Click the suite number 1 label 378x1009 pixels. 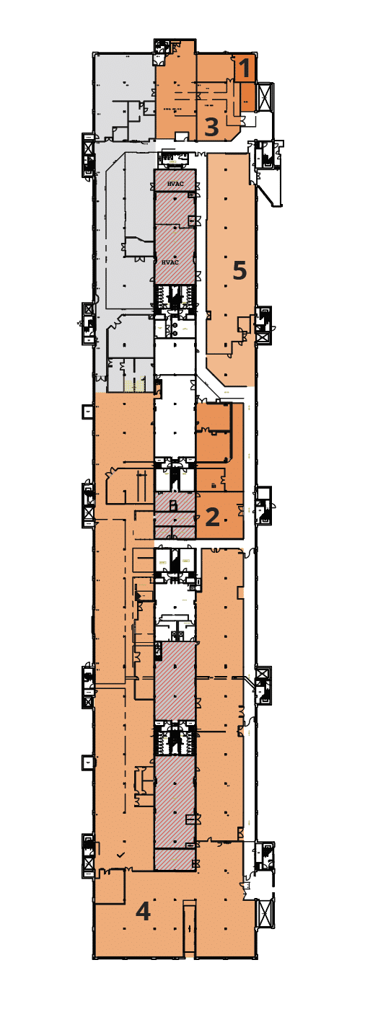pyautogui.click(x=245, y=70)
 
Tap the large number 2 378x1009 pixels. pyautogui.click(x=213, y=517)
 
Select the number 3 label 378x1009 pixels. pyautogui.click(x=211, y=127)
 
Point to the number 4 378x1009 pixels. pyautogui.click(x=144, y=912)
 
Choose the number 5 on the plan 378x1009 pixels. pyautogui.click(x=239, y=271)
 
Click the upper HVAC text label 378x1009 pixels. pyautogui.click(x=174, y=184)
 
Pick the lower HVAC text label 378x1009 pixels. pyautogui.click(x=170, y=262)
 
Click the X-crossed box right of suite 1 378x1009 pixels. pyautogui.click(x=265, y=96)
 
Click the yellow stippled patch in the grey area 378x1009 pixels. pyautogui.click(x=133, y=386)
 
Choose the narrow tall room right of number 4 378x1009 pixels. pyautogui.click(x=188, y=930)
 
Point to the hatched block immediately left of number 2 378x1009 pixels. pyautogui.click(x=175, y=502)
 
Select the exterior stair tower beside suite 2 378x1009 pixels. pyautogui.click(x=264, y=502)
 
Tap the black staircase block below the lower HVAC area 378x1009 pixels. pyautogui.click(x=175, y=295)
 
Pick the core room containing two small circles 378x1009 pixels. pyautogui.click(x=175, y=328)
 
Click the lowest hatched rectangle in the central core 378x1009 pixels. pyautogui.click(x=174, y=859)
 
